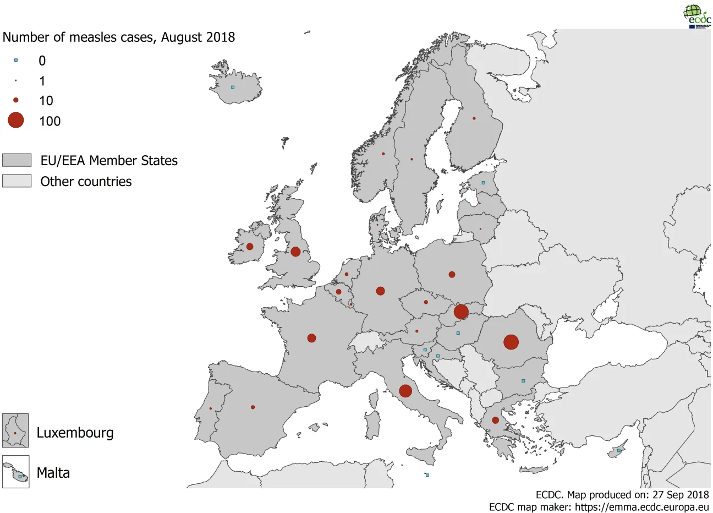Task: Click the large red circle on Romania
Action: tap(511, 342)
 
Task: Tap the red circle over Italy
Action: tap(405, 391)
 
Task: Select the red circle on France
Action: tap(311, 338)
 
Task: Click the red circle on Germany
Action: tap(380, 291)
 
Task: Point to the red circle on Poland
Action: tap(452, 274)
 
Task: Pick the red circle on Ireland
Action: tap(250, 247)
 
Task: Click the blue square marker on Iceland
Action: tap(233, 87)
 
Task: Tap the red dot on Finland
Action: tap(474, 118)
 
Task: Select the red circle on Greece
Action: tap(495, 420)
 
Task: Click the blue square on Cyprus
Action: tap(618, 450)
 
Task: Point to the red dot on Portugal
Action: tap(211, 408)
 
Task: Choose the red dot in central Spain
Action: tap(253, 407)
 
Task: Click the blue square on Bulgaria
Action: tap(523, 381)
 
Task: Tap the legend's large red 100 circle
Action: tap(16, 120)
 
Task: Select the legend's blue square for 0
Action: tap(16, 60)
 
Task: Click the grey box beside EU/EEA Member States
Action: tap(17, 160)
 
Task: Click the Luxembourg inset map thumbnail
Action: tap(15, 430)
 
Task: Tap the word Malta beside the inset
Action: tap(53, 473)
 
